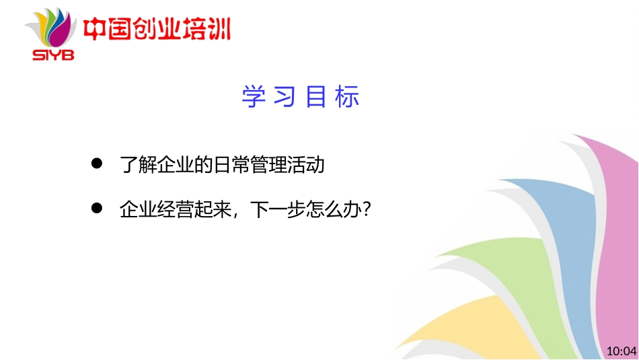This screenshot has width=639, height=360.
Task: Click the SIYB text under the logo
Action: tap(53, 55)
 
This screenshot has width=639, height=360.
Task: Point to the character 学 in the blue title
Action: tap(251, 98)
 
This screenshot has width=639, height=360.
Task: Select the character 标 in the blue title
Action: tap(349, 98)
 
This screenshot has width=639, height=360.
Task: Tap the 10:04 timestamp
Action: tap(620, 351)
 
